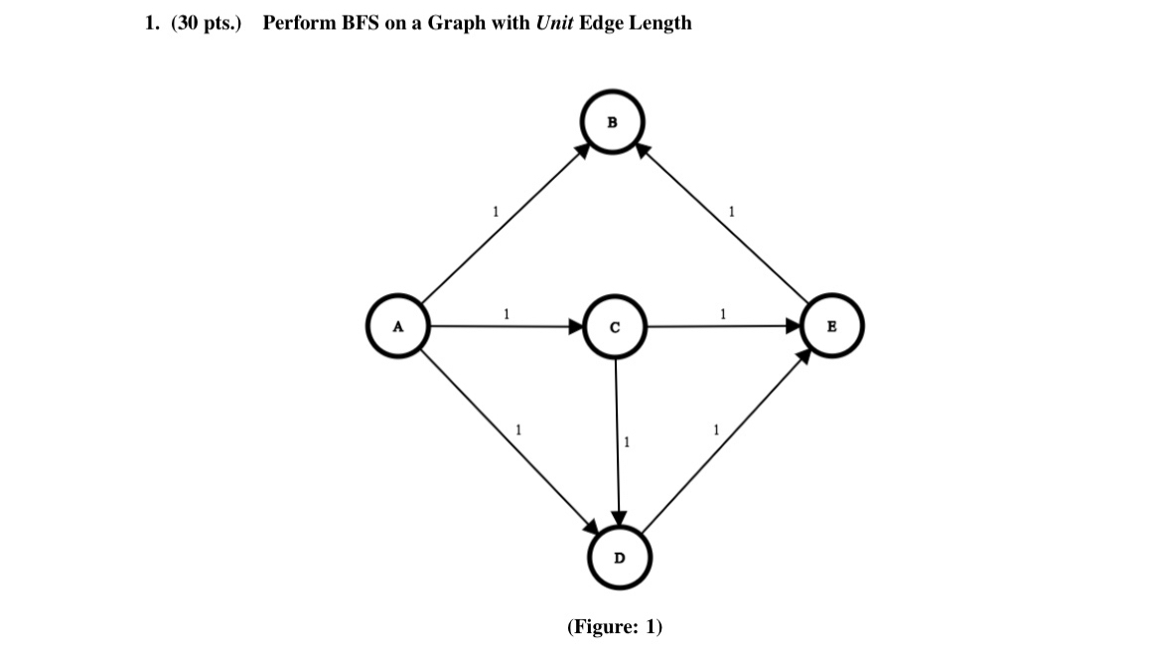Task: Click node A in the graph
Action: pyautogui.click(x=397, y=326)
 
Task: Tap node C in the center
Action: pyautogui.click(x=616, y=327)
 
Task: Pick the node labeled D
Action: pyautogui.click(x=620, y=558)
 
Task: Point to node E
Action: pyautogui.click(x=831, y=325)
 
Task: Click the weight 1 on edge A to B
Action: pyautogui.click(x=495, y=211)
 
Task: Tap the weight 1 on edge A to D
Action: pyautogui.click(x=516, y=430)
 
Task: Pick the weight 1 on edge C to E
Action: pyautogui.click(x=723, y=314)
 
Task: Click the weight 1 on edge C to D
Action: pyautogui.click(x=625, y=440)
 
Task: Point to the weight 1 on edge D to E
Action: pyautogui.click(x=714, y=430)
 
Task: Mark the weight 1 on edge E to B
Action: pyautogui.click(x=731, y=211)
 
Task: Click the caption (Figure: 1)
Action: pyautogui.click(x=614, y=626)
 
